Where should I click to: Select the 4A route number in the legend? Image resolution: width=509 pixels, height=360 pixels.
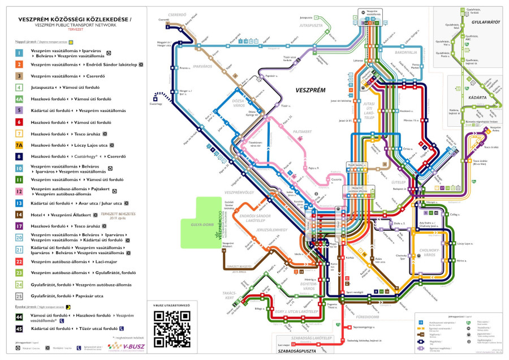coord(19,99)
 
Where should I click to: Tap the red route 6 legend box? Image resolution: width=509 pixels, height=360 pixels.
coord(19,122)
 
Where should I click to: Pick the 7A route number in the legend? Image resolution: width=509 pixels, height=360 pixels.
coord(19,145)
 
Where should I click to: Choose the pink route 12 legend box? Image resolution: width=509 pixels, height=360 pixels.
coord(19,191)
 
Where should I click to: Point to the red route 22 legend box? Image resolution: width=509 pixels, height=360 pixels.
coord(19,262)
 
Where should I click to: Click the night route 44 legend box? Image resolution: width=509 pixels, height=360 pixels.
coord(19,318)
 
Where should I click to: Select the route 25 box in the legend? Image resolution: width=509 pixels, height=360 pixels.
coord(19,296)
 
